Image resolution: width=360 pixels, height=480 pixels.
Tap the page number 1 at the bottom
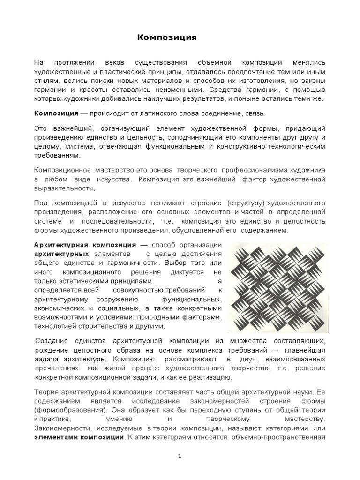pyautogui.click(x=180, y=457)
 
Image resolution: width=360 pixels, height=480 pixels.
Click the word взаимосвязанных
pyautogui.click(x=294, y=359)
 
